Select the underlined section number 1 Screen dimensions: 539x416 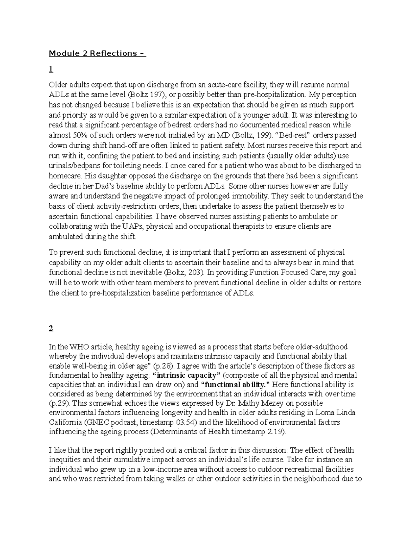pos(51,70)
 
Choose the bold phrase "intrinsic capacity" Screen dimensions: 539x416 pos(187,376)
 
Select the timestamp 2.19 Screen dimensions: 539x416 pos(275,432)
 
